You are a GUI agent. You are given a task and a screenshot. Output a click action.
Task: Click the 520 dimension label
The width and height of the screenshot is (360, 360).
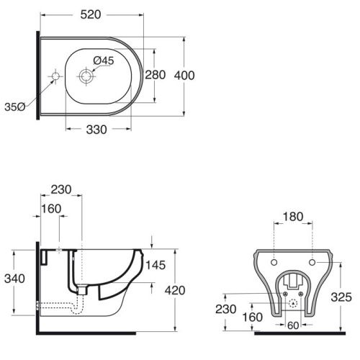(91, 15)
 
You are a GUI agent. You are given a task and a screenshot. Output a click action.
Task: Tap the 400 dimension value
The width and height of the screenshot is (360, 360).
(184, 76)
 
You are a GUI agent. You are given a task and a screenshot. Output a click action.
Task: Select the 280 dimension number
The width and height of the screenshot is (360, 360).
(156, 75)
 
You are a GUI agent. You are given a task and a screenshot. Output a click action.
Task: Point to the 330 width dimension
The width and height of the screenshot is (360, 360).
(96, 130)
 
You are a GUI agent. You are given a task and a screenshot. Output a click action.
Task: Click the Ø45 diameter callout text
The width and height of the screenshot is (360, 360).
(104, 60)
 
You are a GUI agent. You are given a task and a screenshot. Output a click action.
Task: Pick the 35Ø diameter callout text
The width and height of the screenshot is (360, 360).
(15, 107)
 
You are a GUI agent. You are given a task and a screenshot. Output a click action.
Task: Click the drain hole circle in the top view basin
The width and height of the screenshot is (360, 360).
(86, 76)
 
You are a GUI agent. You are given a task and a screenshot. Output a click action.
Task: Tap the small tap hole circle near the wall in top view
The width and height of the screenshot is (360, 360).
(55, 76)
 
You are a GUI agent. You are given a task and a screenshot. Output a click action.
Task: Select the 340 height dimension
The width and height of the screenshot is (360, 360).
(14, 279)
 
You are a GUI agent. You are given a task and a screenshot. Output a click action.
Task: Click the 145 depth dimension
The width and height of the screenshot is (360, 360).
(156, 265)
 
